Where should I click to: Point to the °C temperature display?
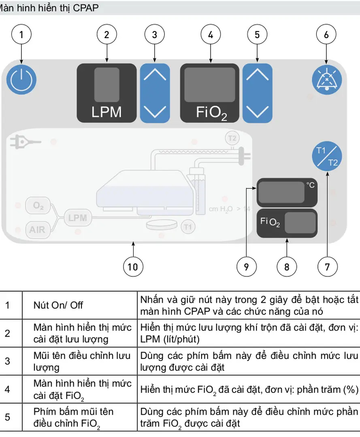coord(287,192)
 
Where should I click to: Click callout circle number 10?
coord(133,267)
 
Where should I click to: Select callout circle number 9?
coord(247,267)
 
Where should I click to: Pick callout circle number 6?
coord(326,35)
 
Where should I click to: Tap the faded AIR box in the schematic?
coord(37,230)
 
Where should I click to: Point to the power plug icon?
coord(23,143)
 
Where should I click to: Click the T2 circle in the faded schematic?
coord(232,138)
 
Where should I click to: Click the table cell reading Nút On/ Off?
coord(58,305)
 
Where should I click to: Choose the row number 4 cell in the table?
coord(7,389)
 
